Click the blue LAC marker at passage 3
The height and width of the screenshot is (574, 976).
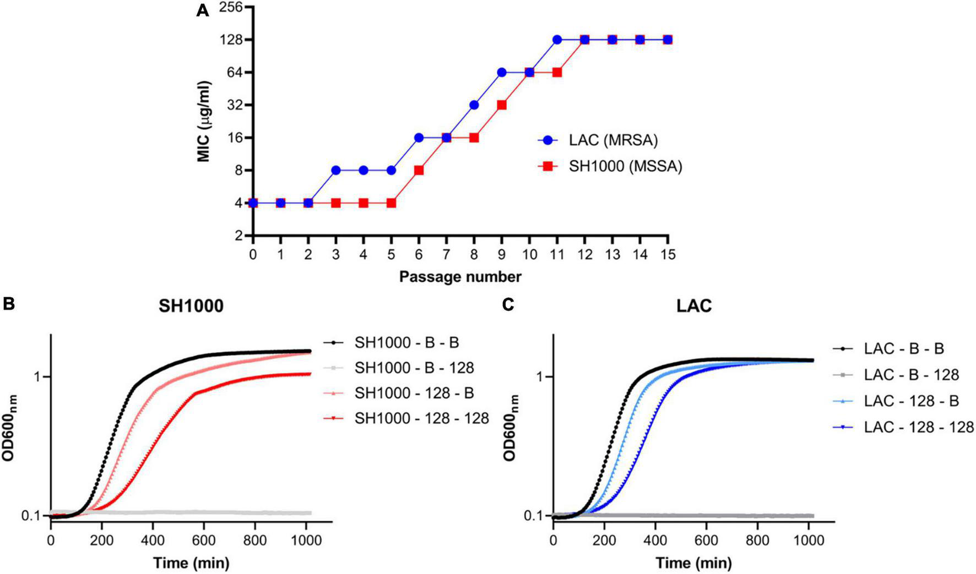[x=336, y=170]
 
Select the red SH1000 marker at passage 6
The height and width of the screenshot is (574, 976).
[x=419, y=170]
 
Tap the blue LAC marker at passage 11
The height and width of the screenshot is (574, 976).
[x=557, y=40]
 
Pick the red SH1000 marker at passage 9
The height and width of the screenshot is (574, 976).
[x=502, y=105]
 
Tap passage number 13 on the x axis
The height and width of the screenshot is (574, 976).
[x=612, y=254]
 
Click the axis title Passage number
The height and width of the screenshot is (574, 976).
[x=460, y=276]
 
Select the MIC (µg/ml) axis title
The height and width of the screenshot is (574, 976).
[x=204, y=121]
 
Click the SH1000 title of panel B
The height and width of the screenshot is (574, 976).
[x=191, y=305]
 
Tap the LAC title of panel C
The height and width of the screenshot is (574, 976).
[x=694, y=305]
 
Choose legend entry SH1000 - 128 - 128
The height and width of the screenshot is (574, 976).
[x=421, y=418]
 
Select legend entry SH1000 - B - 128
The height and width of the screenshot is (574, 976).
[x=414, y=367]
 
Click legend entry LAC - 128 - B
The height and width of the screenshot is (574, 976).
[x=911, y=401]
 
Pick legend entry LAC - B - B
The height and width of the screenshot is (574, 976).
[x=904, y=348]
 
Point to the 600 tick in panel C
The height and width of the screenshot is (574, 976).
[x=706, y=541]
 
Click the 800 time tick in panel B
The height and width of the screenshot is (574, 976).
[x=255, y=541]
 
